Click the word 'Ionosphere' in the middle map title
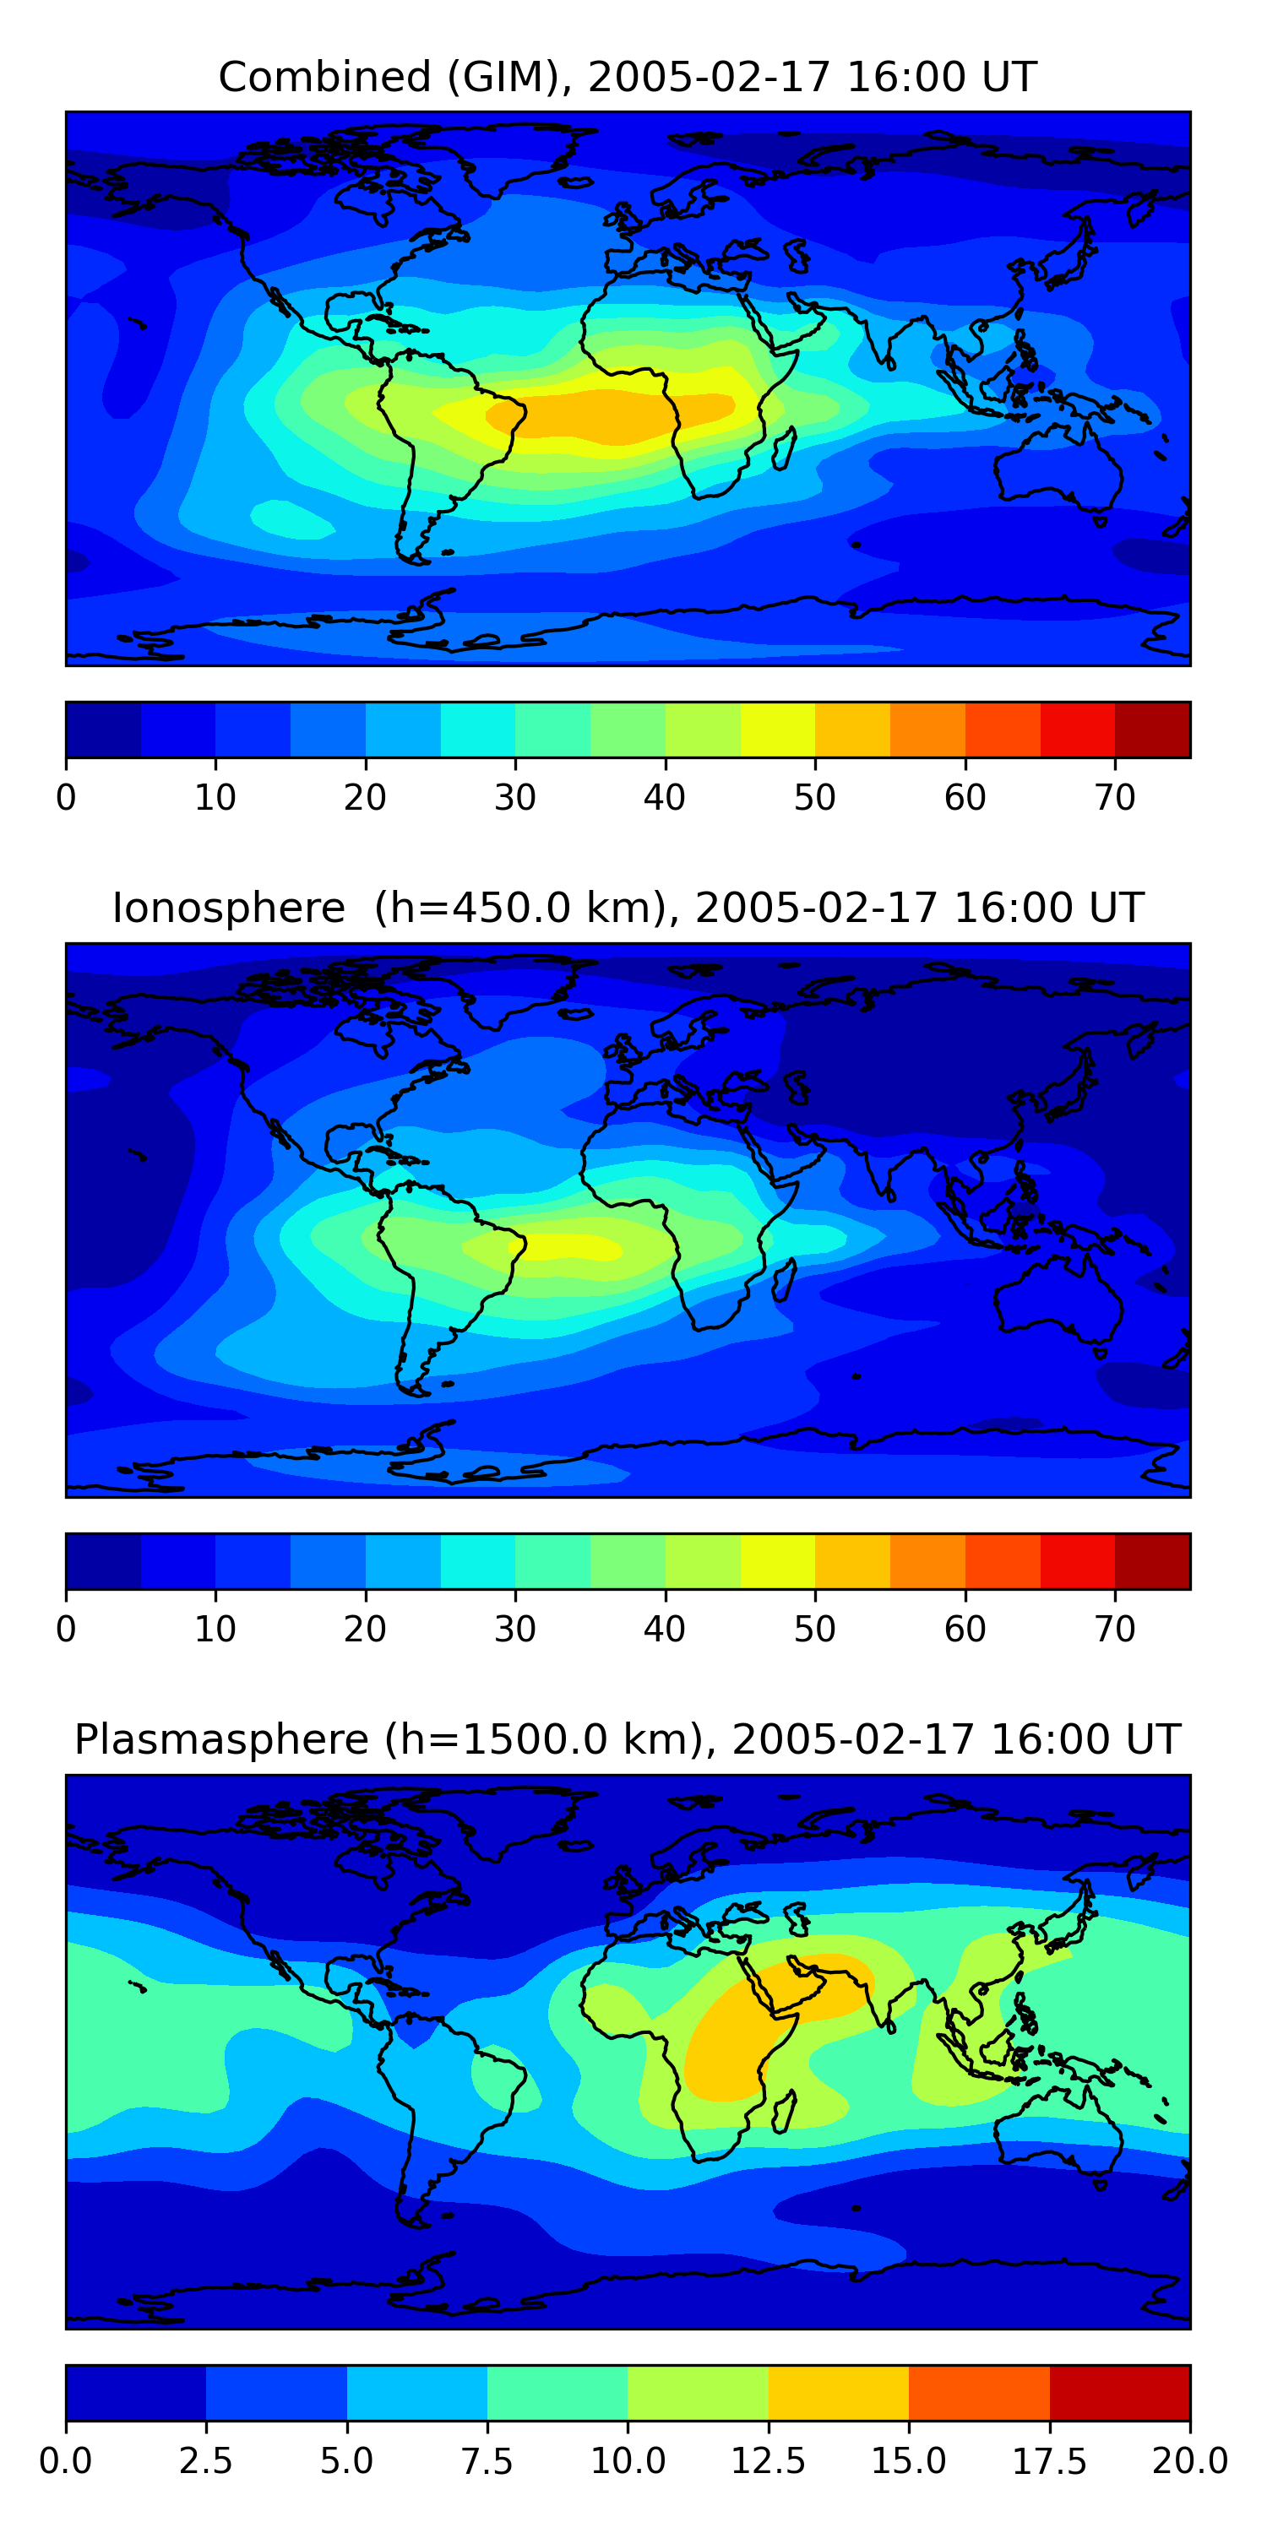click(x=228, y=908)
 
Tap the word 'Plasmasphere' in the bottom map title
click(x=221, y=1739)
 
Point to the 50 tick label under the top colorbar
click(x=814, y=797)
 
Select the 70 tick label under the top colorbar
click(x=1114, y=797)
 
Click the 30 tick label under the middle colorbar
click(x=514, y=1630)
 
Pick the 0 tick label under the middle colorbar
click(x=66, y=1630)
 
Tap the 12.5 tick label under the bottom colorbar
click(x=769, y=2461)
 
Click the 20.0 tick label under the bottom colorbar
click(x=1190, y=2461)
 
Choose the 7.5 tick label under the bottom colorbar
click(x=487, y=2461)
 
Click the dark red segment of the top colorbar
click(x=1153, y=730)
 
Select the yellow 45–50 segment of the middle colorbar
click(x=777, y=1561)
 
